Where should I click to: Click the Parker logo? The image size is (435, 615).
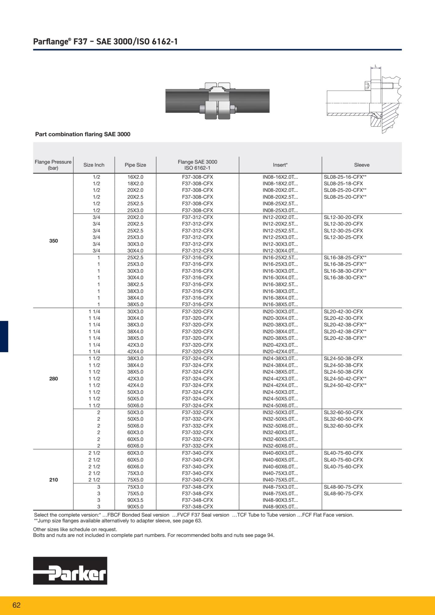pyautogui.click(x=70, y=570)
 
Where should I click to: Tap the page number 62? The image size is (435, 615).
pyautogui.click(x=17, y=605)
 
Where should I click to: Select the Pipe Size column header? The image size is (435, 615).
pyautogui.click(x=135, y=165)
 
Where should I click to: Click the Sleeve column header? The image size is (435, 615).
pyautogui.click(x=362, y=165)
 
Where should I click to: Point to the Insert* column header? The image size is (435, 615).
pyautogui.click(x=280, y=165)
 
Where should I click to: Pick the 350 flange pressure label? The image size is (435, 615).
pyautogui.click(x=54, y=241)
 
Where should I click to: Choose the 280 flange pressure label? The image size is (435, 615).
pyautogui.click(x=54, y=379)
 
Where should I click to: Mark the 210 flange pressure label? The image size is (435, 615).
pyautogui.click(x=54, y=480)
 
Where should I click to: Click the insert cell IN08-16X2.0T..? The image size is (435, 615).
pyautogui.click(x=280, y=177)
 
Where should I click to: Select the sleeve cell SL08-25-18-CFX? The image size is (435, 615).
pyautogui.click(x=343, y=184)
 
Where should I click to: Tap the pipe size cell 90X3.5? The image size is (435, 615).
pyautogui.click(x=135, y=500)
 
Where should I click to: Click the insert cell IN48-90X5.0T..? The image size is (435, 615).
pyautogui.click(x=280, y=507)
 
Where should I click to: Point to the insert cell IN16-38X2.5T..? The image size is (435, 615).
pyautogui.click(x=280, y=284)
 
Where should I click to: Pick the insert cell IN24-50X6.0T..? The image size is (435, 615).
pyautogui.click(x=280, y=406)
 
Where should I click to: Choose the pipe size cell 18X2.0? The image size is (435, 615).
pyautogui.click(x=135, y=184)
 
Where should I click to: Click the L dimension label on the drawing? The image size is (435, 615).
pyautogui.click(x=376, y=66)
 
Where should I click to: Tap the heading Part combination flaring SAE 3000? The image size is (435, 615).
pyautogui.click(x=83, y=134)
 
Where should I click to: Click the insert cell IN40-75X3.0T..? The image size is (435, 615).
pyautogui.click(x=280, y=473)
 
